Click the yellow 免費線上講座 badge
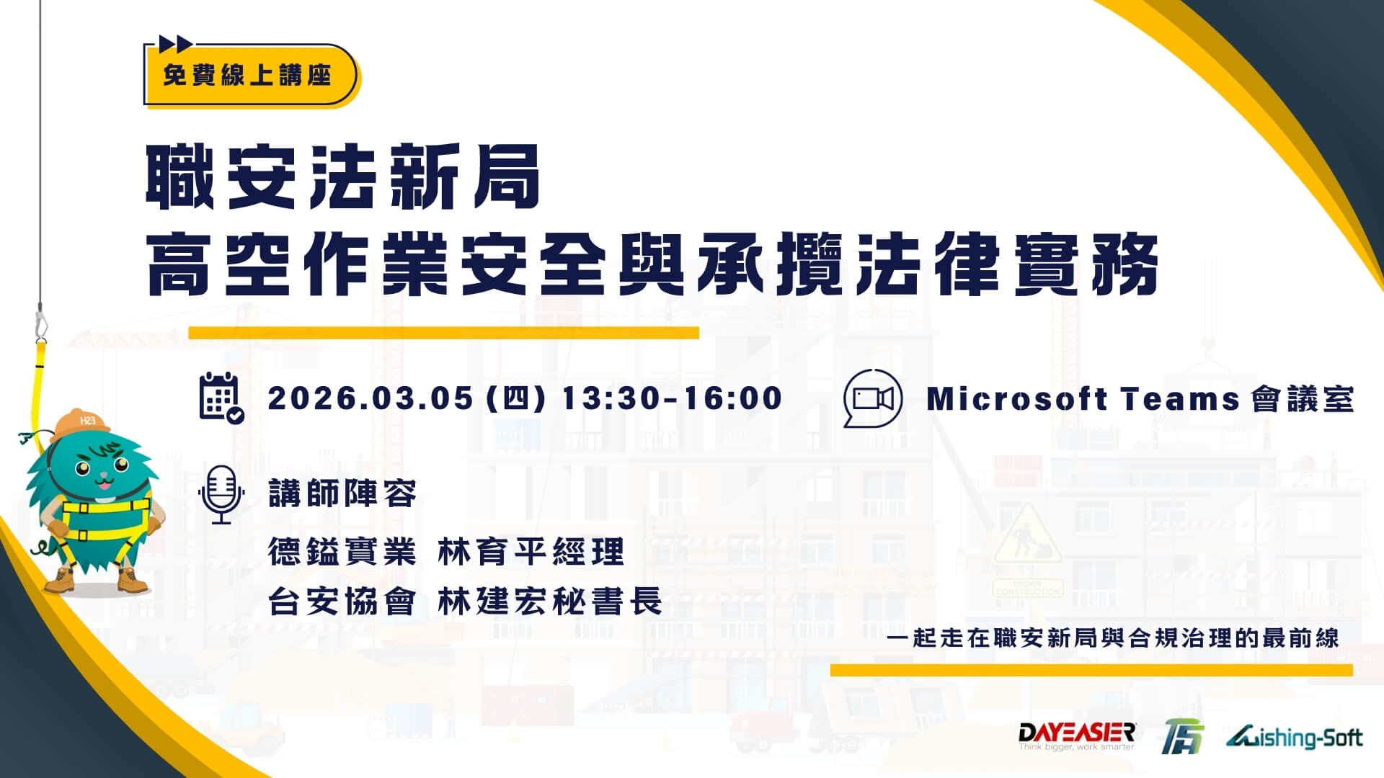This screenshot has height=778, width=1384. (x=251, y=75)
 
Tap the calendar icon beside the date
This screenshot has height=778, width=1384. (x=221, y=398)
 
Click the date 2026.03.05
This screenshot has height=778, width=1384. (x=371, y=398)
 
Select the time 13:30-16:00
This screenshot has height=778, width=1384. (x=672, y=398)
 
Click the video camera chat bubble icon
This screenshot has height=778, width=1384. (x=873, y=398)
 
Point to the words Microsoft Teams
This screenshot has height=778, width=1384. (x=1083, y=399)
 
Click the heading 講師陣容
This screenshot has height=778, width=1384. (x=342, y=494)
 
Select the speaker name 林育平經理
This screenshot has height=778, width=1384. (x=531, y=553)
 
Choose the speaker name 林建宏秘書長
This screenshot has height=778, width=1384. (x=550, y=602)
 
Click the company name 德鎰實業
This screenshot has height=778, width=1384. (x=342, y=553)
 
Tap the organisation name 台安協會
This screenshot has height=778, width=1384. (x=342, y=602)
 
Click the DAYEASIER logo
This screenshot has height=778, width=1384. (x=1077, y=736)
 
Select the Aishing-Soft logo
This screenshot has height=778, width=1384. (x=1294, y=738)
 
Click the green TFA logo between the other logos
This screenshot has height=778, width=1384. (x=1183, y=738)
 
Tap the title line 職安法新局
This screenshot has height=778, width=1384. (x=343, y=176)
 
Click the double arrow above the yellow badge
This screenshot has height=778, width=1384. (x=175, y=44)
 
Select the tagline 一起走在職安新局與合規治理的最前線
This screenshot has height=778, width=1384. (x=1113, y=638)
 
